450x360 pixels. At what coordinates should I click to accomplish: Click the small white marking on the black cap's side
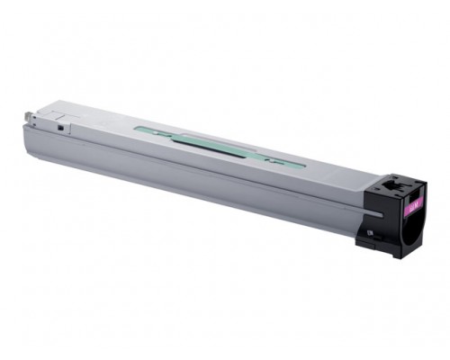coord(369,231)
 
